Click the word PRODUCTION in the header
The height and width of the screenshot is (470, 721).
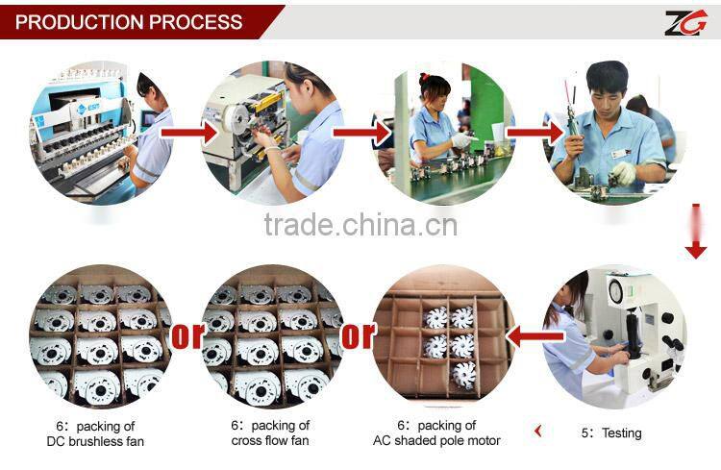click(84, 21)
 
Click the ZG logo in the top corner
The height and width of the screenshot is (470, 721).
click(684, 21)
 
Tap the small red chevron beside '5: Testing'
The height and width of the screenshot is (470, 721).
click(537, 432)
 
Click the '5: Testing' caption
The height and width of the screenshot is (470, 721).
click(610, 433)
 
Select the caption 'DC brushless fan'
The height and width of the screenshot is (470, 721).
click(95, 440)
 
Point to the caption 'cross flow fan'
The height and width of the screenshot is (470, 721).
click(270, 440)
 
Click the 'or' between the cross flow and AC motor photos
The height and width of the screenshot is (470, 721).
click(358, 336)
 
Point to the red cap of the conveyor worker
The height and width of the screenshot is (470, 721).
click(434, 84)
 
